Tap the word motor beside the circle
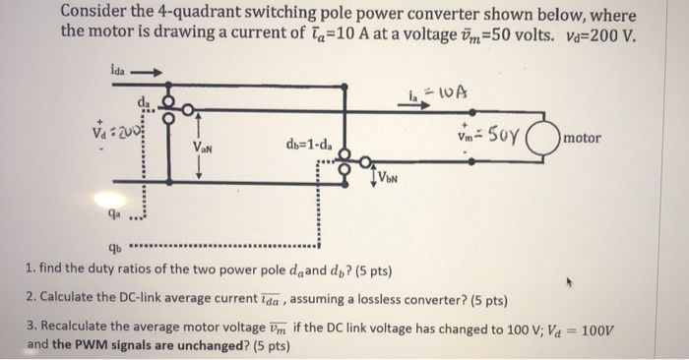[x=583, y=139]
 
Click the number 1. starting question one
[x=31, y=268]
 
